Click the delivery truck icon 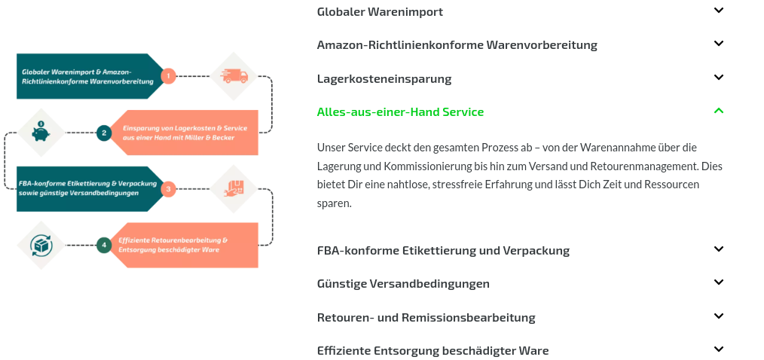tap(234, 76)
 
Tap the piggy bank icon tap(41, 132)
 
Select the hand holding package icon tap(234, 188)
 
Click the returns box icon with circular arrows tap(41, 245)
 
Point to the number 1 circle tap(168, 76)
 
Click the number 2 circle tap(104, 133)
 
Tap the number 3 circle tap(168, 188)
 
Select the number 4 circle tap(104, 245)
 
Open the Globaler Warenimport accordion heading tap(380, 12)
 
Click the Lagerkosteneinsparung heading tap(384, 78)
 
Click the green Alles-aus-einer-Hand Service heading tap(401, 112)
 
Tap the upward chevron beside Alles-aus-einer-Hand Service tap(719, 111)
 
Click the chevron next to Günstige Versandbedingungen tap(719, 282)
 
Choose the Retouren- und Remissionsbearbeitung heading tap(426, 318)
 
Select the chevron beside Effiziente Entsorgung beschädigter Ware tap(719, 349)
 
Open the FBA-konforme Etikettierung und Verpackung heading tap(443, 250)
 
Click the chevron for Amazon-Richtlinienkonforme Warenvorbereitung tap(719, 44)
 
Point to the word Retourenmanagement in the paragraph tap(645, 166)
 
